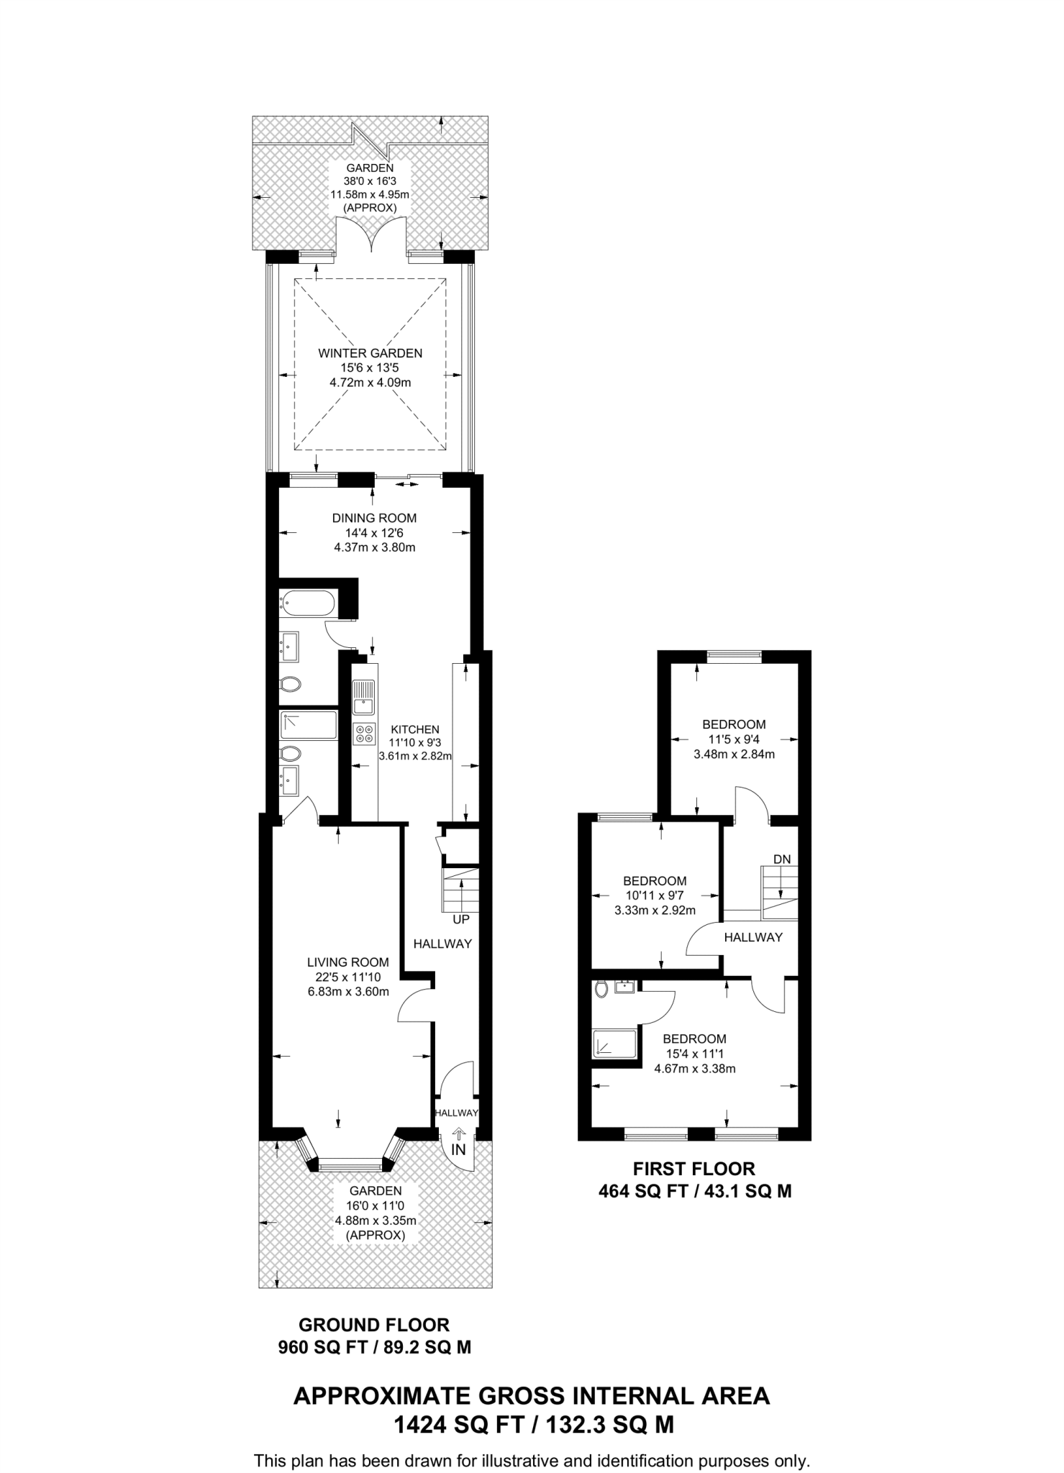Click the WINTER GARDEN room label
coord(370,353)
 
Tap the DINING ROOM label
coord(374,518)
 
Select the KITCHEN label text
coord(415,729)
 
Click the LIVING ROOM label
coord(347,962)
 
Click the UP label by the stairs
coord(461,920)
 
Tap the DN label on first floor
coord(782,859)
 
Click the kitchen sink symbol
coord(363,698)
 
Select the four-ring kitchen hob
coord(364,734)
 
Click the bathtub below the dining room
coord(308,603)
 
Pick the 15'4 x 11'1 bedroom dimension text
coord(694,1054)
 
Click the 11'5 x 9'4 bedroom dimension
coord(734,739)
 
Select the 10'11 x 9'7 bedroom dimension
coord(655,895)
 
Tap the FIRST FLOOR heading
coord(694,1169)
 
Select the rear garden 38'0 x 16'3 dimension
coord(370,181)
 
